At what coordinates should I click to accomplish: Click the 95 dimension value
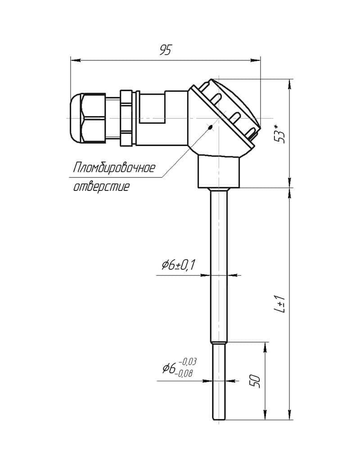[165, 50]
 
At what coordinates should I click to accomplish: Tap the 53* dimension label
[281, 134]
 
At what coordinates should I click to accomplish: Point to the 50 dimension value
[256, 381]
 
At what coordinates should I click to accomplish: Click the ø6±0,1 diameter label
[178, 265]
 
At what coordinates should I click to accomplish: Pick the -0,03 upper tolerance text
[187, 362]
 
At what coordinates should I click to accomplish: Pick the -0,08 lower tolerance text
[184, 373]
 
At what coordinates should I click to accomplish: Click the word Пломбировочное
[114, 168]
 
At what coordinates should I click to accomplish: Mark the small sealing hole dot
[210, 127]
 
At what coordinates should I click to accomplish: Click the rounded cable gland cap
[76, 118]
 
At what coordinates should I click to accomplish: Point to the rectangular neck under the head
[219, 172]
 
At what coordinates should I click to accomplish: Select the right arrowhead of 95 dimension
[256, 60]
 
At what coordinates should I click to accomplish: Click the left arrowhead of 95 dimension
[75, 60]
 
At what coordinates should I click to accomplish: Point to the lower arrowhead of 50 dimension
[265, 415]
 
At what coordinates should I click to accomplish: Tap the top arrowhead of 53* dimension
[290, 84]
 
